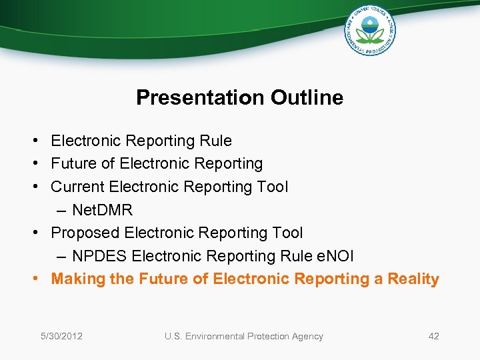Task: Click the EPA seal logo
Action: click(370, 31)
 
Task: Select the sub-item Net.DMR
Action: click(102, 210)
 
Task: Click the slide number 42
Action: click(433, 336)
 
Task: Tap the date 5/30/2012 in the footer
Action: click(61, 336)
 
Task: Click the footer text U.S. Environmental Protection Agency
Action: click(243, 336)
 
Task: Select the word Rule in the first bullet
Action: click(217, 141)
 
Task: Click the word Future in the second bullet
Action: click(74, 163)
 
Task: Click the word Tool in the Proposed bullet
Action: click(287, 233)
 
